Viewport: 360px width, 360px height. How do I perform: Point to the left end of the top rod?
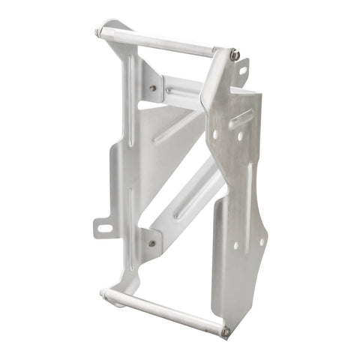coord(100,32)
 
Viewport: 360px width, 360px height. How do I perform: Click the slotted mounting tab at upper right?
coord(241,69)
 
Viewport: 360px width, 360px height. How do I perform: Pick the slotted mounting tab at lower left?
coord(102,226)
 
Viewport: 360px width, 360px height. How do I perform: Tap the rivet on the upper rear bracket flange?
coord(153,88)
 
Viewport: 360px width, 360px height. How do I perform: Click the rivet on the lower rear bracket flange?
coord(152,243)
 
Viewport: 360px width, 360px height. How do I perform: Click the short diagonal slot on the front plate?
coord(241,117)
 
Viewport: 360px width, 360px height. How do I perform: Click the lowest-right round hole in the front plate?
coord(261,241)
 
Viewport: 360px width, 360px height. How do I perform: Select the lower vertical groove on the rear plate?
coord(130,217)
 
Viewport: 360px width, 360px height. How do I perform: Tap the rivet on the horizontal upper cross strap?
coord(169,91)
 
